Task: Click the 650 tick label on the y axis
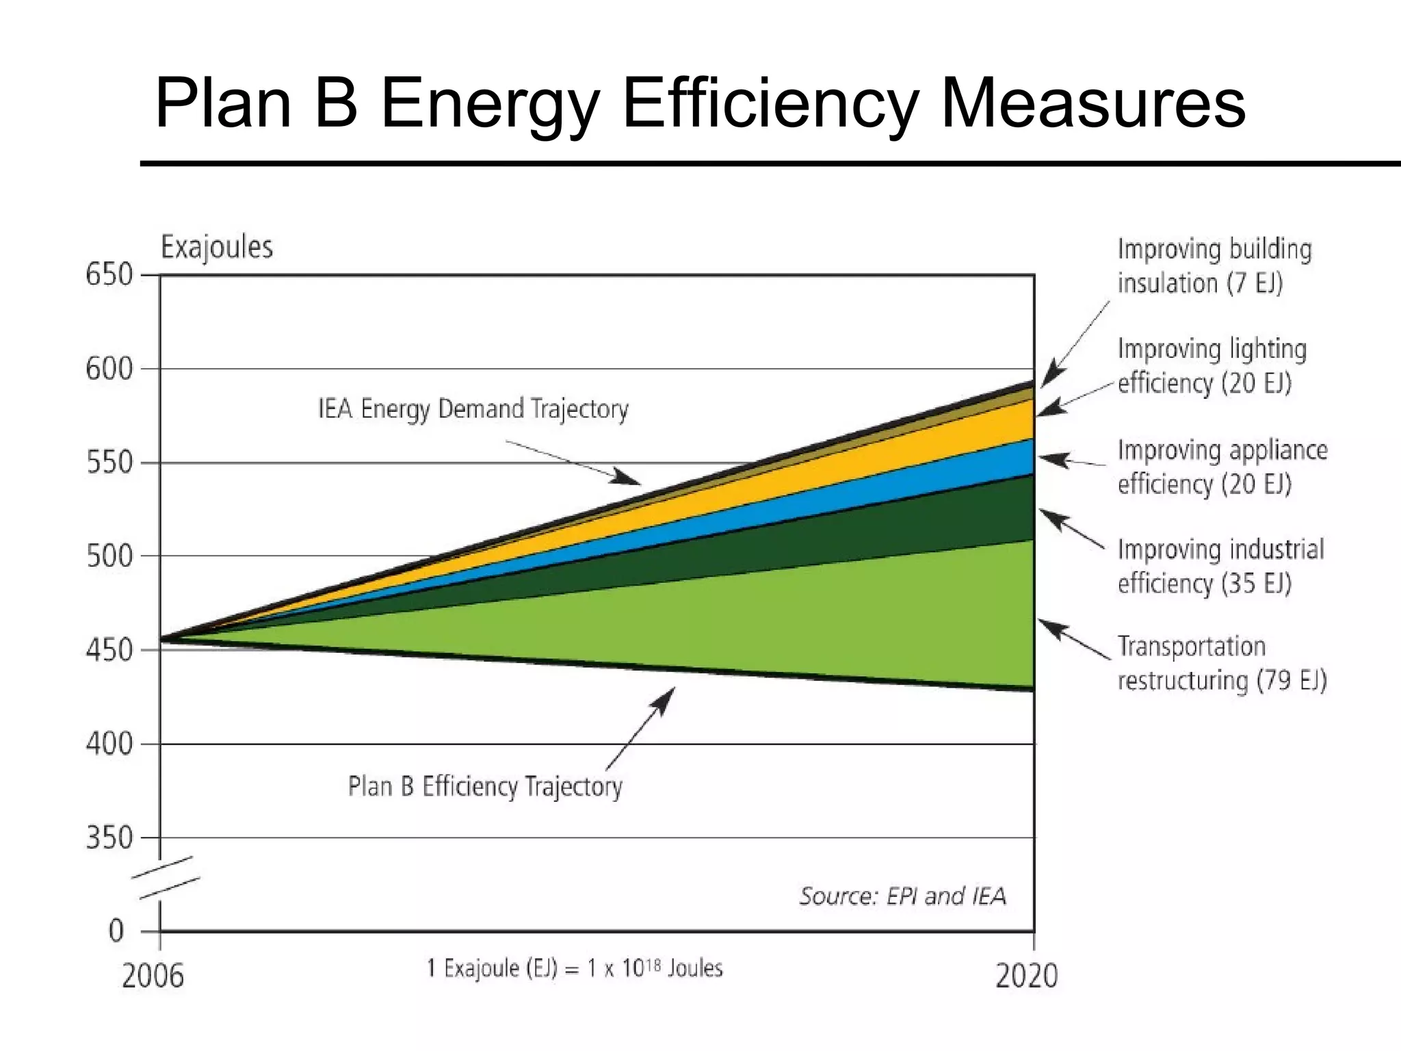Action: tap(109, 275)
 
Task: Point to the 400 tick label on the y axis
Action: tap(109, 744)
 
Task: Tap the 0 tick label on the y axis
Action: tap(116, 931)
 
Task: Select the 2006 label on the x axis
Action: tap(153, 976)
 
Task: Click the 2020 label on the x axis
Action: tap(1026, 976)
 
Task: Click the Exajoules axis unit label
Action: tap(216, 247)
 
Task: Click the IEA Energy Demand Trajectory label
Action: tap(473, 409)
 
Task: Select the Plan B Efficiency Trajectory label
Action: tap(485, 786)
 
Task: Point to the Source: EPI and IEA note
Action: tap(903, 896)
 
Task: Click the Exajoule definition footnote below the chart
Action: tap(575, 968)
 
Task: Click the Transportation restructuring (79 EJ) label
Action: tap(1221, 663)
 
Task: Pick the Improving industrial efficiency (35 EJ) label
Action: tap(1220, 567)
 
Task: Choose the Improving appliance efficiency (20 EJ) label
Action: tap(1221, 467)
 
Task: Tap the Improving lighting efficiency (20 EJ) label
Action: tap(1211, 365)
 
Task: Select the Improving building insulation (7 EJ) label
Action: tap(1214, 265)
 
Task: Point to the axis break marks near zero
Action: tap(166, 877)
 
